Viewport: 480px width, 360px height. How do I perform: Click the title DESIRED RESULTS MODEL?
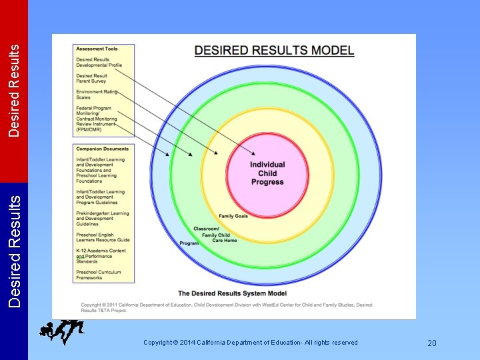point(274,51)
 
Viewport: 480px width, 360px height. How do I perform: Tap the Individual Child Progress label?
point(267,173)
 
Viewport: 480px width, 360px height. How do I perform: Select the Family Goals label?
point(233,216)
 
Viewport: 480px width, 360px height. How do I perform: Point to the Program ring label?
point(189,243)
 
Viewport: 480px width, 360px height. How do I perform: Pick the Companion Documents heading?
point(102,149)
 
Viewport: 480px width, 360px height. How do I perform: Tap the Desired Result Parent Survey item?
point(91,79)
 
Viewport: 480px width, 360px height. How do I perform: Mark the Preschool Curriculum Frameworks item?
point(98,275)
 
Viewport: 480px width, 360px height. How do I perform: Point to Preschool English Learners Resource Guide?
point(103,237)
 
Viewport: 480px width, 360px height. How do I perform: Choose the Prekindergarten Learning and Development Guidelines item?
point(103,219)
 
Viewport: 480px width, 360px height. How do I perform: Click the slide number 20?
point(431,343)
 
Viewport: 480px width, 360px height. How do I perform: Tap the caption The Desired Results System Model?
point(232,293)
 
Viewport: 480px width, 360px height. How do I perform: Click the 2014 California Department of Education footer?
point(250,343)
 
